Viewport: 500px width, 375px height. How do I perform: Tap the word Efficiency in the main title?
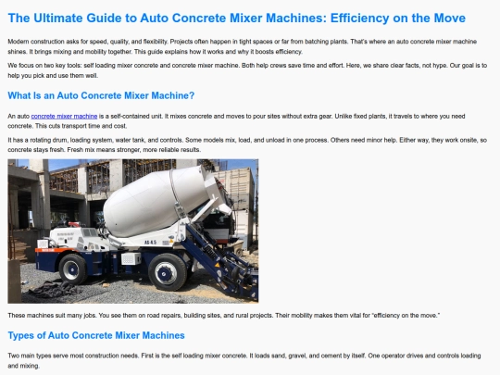click(359, 19)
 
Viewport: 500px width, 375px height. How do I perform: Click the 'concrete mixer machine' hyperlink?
click(64, 116)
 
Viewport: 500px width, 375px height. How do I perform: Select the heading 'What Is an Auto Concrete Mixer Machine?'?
click(101, 95)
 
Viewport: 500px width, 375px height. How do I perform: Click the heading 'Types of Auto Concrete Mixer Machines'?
click(96, 335)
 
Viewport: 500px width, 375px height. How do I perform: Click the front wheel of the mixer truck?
click(167, 271)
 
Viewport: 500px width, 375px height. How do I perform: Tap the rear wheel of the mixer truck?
click(73, 269)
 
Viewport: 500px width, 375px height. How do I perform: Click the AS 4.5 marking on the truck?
click(150, 243)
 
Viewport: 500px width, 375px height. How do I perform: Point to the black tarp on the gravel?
click(55, 289)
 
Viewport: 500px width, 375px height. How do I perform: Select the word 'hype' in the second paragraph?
click(439, 66)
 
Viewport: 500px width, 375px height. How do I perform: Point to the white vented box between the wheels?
click(131, 258)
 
